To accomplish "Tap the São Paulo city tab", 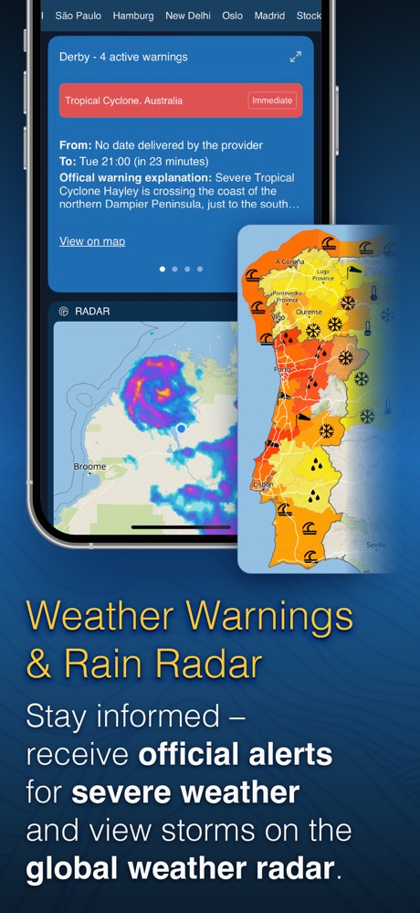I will (x=78, y=16).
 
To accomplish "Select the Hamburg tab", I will (x=133, y=16).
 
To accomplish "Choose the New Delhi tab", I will (x=187, y=16).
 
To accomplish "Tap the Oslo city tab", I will (x=232, y=16).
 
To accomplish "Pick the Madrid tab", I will (x=269, y=16).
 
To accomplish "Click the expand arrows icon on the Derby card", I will (x=295, y=57).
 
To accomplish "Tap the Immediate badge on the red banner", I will (x=272, y=101).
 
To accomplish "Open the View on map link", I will (x=92, y=241).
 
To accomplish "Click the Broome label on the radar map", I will (x=89, y=466).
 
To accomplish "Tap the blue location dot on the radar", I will (x=181, y=428).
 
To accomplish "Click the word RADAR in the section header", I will (x=91, y=312).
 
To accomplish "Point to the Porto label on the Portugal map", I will (x=281, y=370).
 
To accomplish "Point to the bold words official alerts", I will (x=236, y=756).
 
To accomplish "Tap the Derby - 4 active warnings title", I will (x=123, y=57).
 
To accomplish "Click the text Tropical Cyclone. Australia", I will (x=123, y=101).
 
